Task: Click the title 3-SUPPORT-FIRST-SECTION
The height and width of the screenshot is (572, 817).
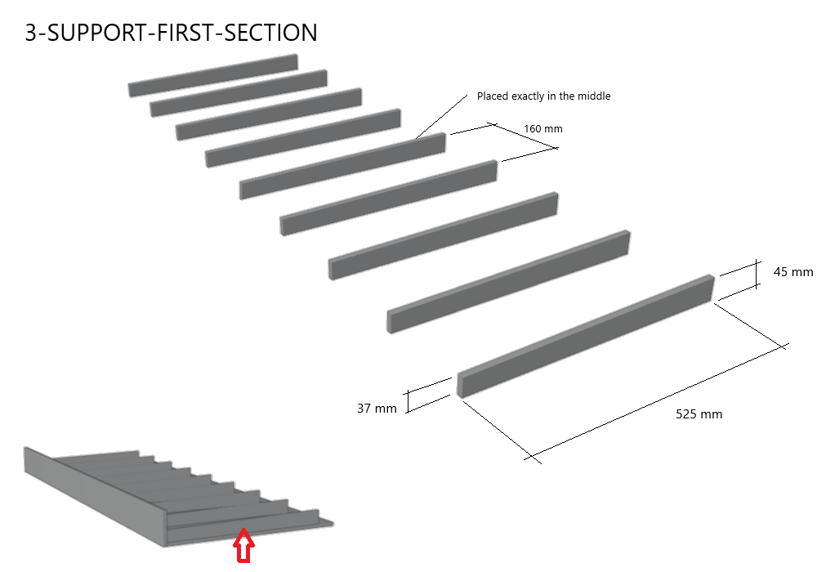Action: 171,33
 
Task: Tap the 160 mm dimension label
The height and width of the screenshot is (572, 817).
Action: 542,128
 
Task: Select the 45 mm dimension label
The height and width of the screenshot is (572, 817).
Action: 792,271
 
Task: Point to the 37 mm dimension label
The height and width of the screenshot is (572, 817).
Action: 377,408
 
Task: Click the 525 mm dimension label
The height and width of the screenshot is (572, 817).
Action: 699,414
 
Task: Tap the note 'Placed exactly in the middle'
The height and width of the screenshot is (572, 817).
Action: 543,96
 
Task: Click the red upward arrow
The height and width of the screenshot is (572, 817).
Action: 243,545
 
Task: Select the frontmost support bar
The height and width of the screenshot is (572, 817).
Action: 585,336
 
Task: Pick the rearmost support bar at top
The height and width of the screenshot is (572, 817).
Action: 212,75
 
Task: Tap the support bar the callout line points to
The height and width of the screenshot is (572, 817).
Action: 342,167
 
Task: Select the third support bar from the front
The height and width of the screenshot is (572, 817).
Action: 444,237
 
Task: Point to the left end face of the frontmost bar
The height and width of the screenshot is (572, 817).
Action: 460,385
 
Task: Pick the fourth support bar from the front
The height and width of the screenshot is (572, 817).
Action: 389,199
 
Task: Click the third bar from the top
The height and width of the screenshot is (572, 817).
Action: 269,114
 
